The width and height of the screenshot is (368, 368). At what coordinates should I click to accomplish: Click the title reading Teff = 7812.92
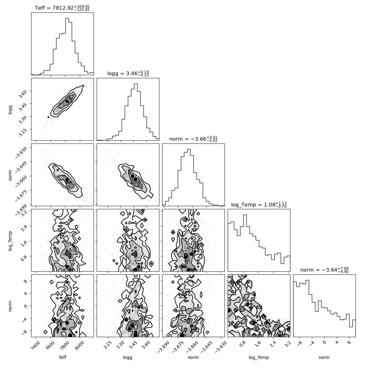(x=62, y=8)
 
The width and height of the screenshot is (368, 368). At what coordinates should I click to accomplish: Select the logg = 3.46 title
(x=128, y=74)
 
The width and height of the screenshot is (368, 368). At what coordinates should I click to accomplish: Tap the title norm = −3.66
(x=193, y=139)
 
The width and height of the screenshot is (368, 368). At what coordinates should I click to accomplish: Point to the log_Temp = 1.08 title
(x=259, y=205)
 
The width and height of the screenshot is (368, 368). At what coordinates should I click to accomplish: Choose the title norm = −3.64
(x=324, y=270)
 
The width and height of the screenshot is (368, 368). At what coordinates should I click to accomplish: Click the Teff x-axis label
(x=62, y=357)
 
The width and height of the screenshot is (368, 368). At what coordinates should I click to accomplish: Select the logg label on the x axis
(x=128, y=358)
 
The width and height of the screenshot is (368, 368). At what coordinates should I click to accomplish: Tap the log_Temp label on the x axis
(x=259, y=358)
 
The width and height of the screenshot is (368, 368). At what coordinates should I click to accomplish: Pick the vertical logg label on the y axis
(x=10, y=109)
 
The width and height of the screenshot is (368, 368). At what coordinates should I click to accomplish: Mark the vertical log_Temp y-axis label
(x=10, y=241)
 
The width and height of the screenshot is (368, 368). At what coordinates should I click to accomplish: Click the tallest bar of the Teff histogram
(x=67, y=46)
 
